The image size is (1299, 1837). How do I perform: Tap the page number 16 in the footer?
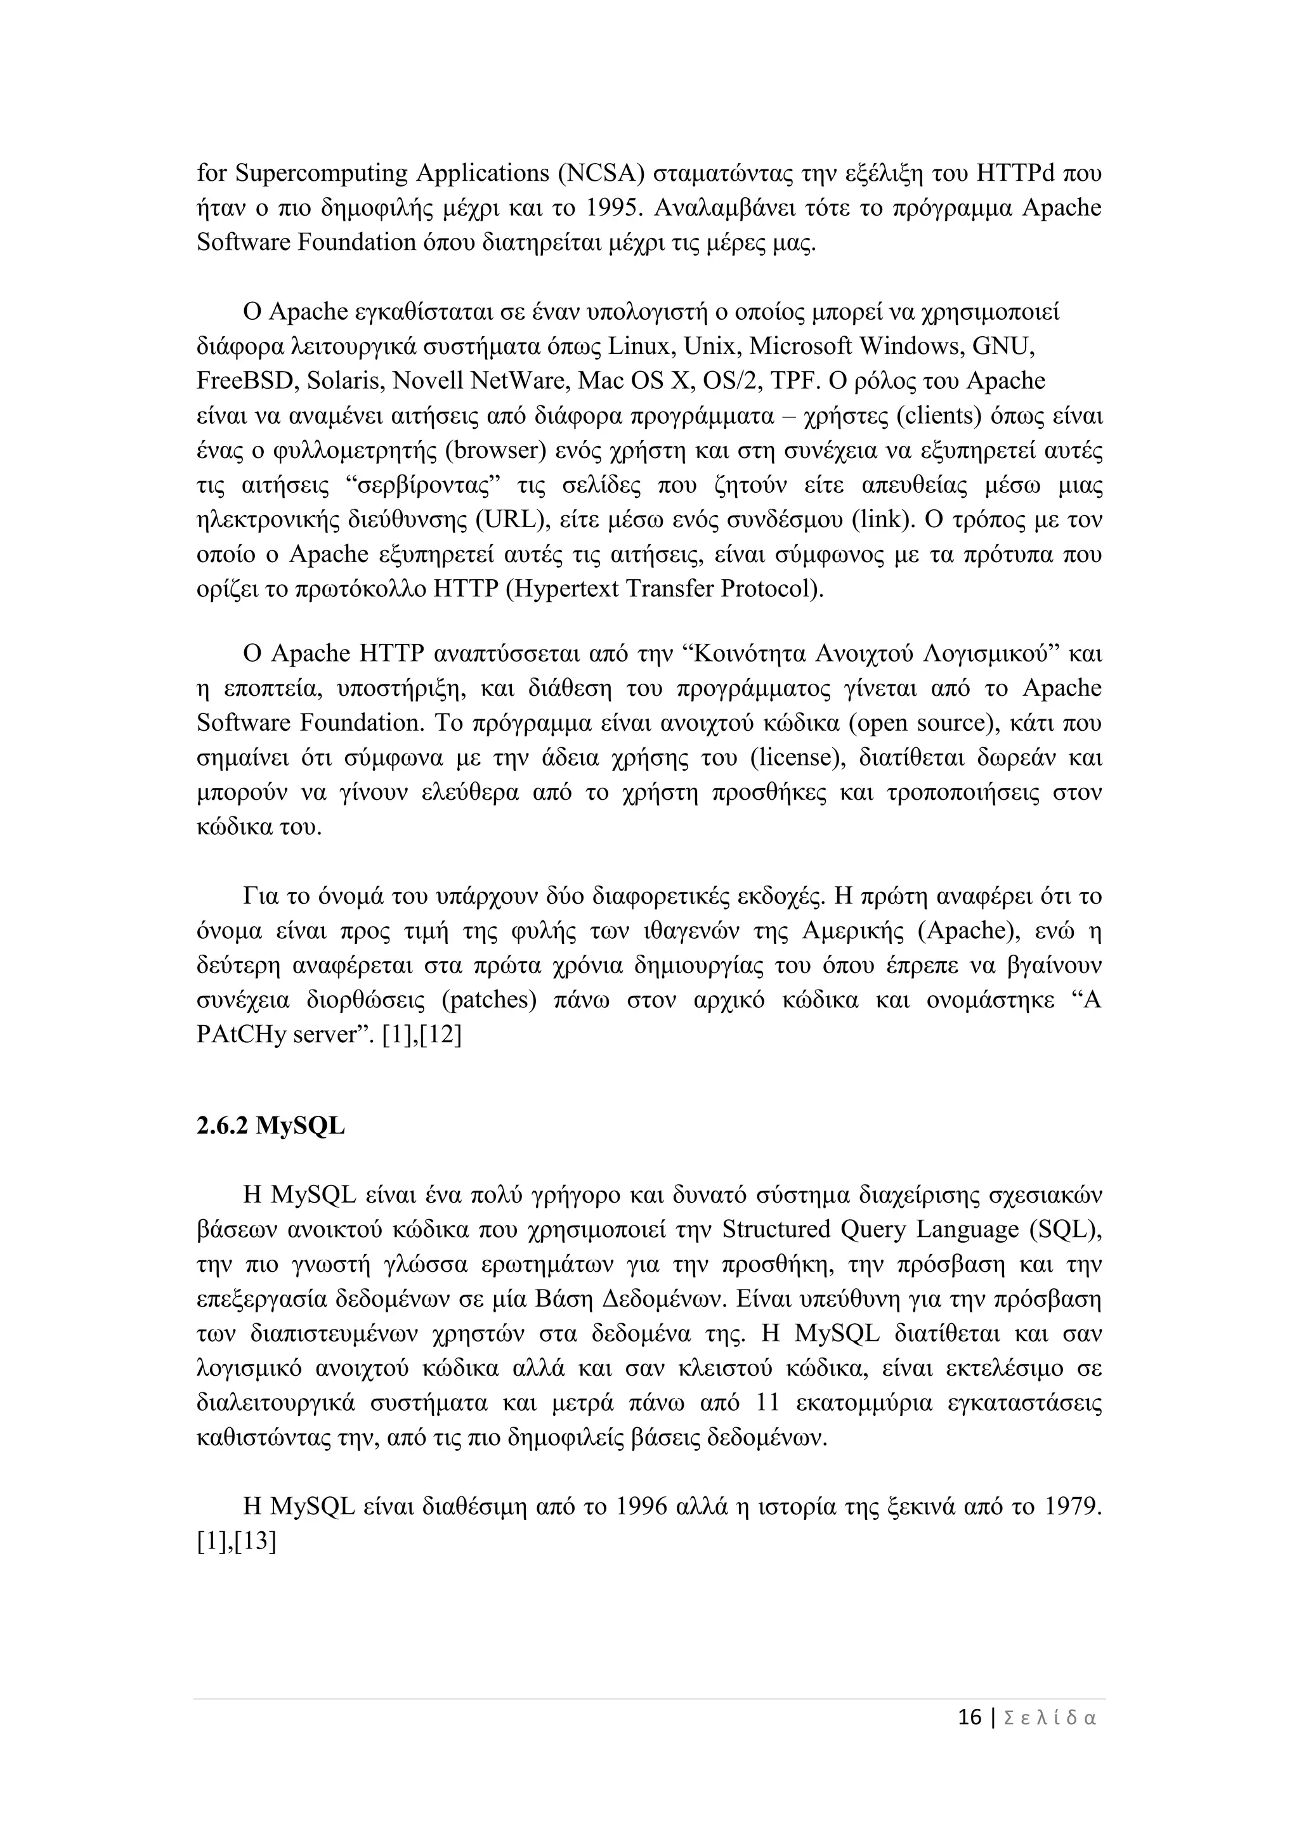point(969,1739)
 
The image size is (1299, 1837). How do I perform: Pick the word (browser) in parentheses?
point(496,450)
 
